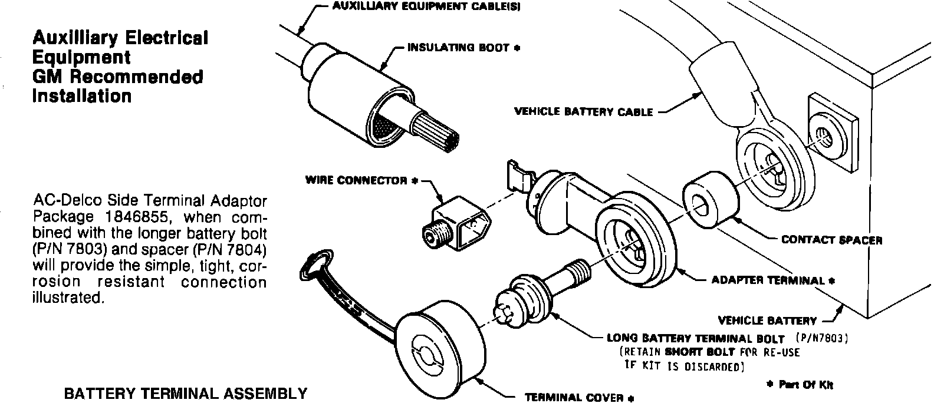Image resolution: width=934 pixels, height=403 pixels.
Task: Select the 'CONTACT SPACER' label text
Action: click(831, 240)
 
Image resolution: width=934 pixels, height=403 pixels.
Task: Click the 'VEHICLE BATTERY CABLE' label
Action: click(583, 112)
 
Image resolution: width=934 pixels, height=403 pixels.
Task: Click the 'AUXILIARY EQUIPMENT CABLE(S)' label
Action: click(426, 6)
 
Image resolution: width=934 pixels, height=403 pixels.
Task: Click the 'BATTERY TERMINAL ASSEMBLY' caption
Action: click(186, 394)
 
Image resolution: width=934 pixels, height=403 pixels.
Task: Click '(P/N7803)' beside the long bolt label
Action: click(822, 338)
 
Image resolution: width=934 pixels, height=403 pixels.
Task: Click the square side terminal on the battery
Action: click(833, 133)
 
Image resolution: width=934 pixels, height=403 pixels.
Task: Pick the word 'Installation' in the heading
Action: click(82, 96)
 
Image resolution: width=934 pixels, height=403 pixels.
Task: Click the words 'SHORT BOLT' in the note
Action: click(700, 352)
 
